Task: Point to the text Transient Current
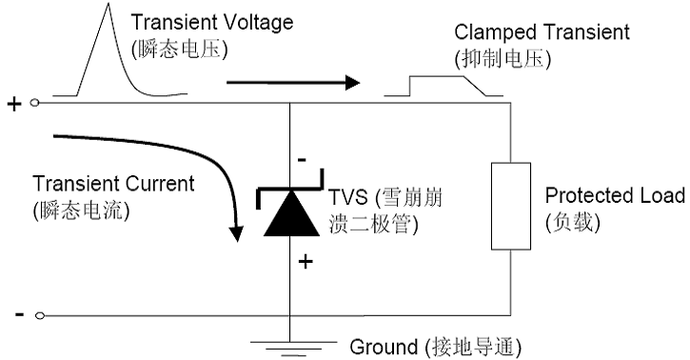(x=113, y=183)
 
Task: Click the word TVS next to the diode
(x=345, y=200)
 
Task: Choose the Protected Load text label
(x=614, y=195)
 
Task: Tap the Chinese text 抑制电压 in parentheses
(x=503, y=58)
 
